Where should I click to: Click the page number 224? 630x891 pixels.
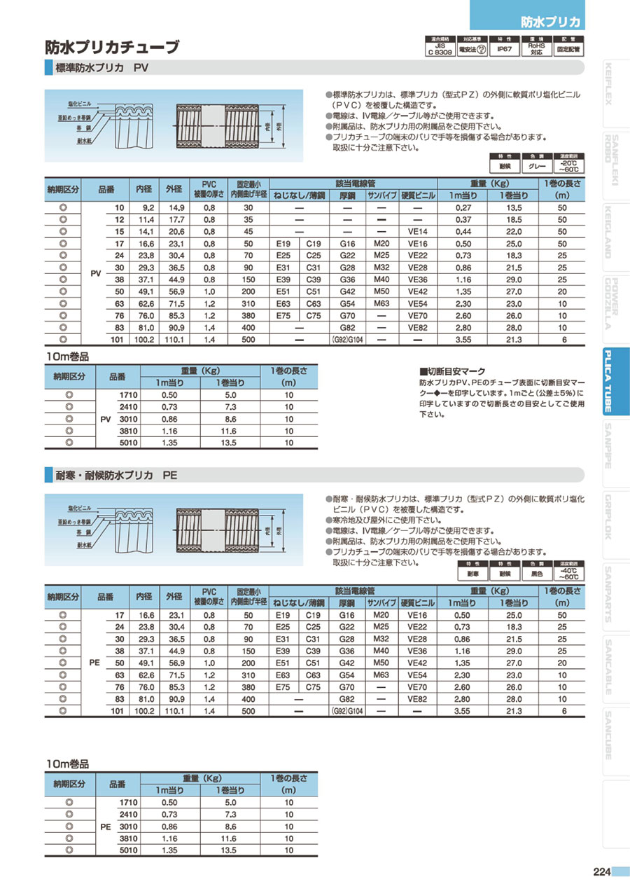601,871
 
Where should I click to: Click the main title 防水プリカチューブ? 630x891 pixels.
112,48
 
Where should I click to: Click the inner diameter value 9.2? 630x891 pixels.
148,208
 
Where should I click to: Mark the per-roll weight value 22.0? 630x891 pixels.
514,232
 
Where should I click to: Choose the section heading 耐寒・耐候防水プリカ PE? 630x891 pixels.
116,474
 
